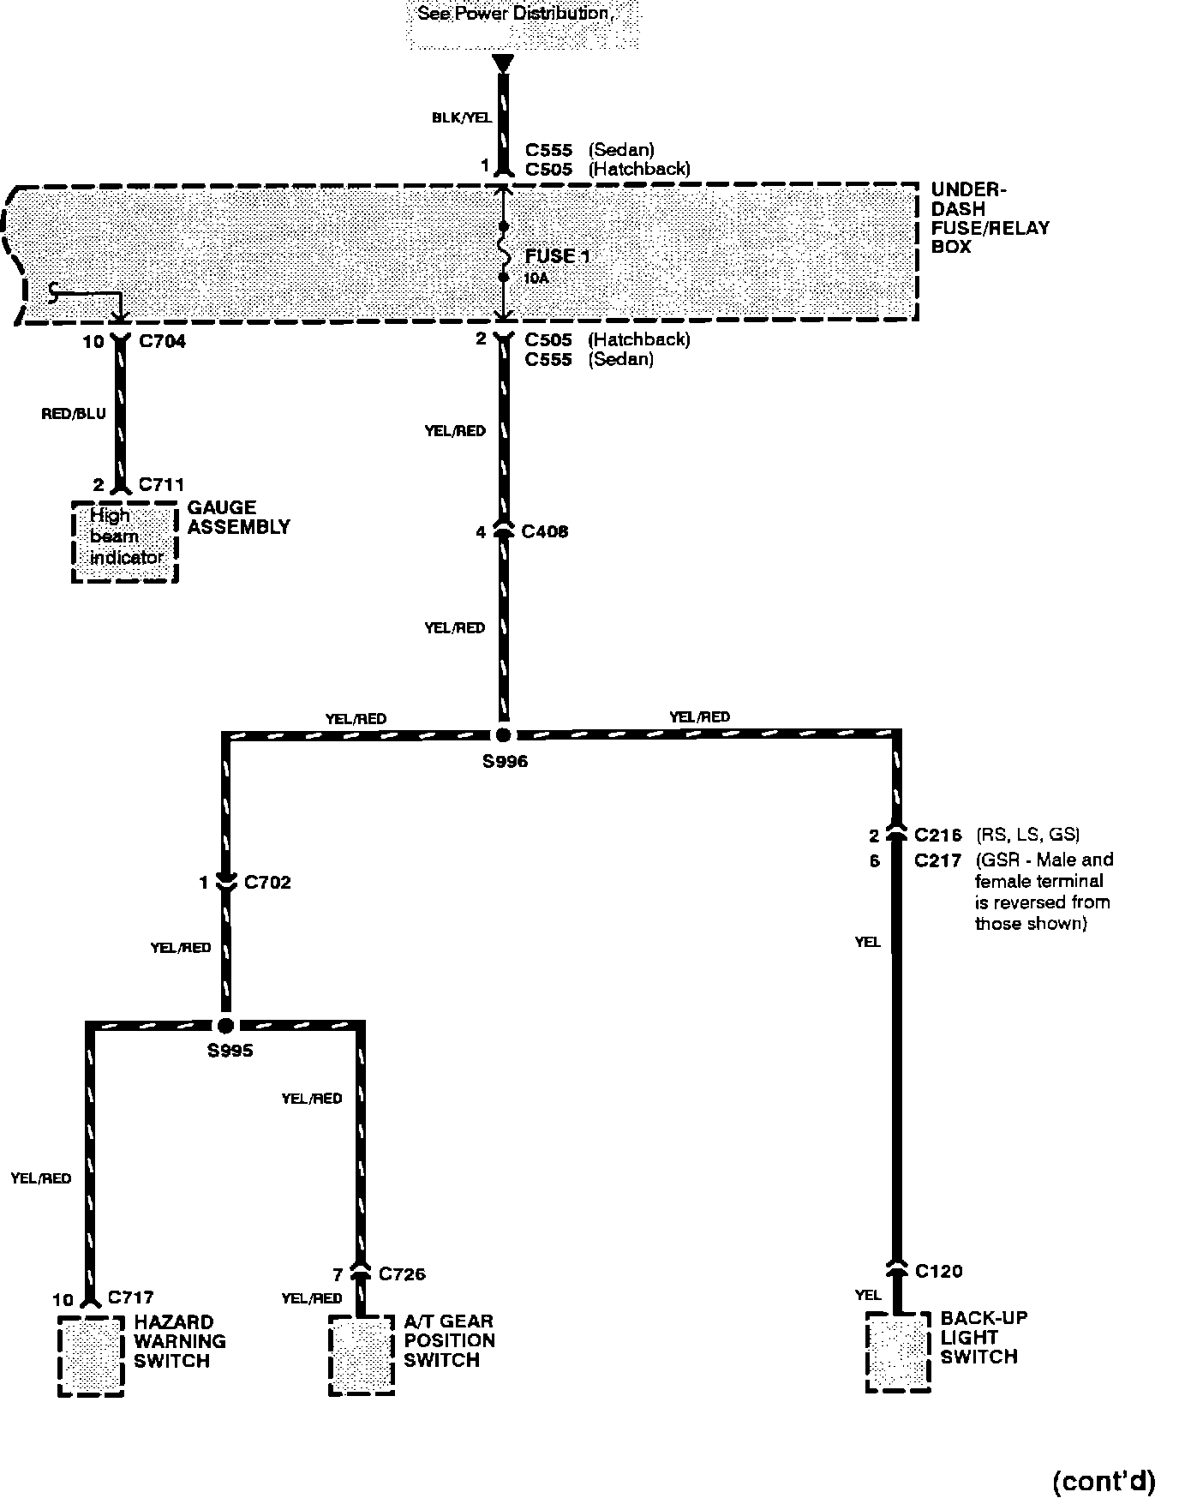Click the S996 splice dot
tap(503, 735)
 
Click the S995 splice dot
tap(225, 1025)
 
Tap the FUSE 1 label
tap(557, 256)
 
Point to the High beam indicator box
tap(125, 542)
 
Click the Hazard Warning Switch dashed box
tap(91, 1357)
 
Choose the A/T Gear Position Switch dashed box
tap(362, 1356)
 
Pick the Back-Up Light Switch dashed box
tap(897, 1352)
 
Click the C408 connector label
tap(545, 532)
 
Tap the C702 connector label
tap(267, 882)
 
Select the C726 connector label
tap(402, 1274)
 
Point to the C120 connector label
tap(938, 1271)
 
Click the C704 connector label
tap(162, 342)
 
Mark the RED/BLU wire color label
tap(74, 414)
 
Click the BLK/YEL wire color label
tap(462, 117)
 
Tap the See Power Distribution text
tap(514, 15)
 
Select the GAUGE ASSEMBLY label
tap(238, 518)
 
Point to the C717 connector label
tap(131, 1297)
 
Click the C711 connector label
tap(161, 485)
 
